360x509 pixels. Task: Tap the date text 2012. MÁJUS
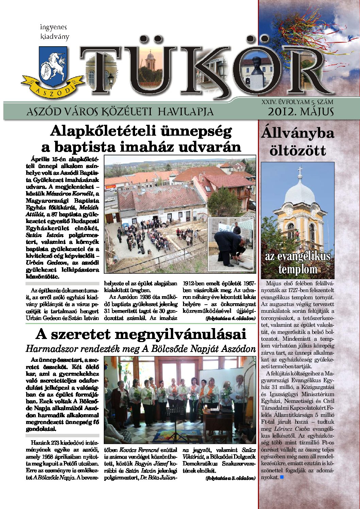pyautogui.click(x=300, y=112)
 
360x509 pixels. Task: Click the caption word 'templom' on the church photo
pyautogui.click(x=297, y=270)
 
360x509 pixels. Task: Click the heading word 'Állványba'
pyautogui.click(x=298, y=133)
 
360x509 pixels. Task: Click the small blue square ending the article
pyautogui.click(x=281, y=477)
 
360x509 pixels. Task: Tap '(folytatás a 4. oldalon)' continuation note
pyautogui.click(x=230, y=319)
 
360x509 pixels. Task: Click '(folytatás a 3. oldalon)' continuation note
pyautogui.click(x=230, y=478)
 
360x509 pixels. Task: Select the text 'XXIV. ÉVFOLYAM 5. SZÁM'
pyautogui.click(x=297, y=102)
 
